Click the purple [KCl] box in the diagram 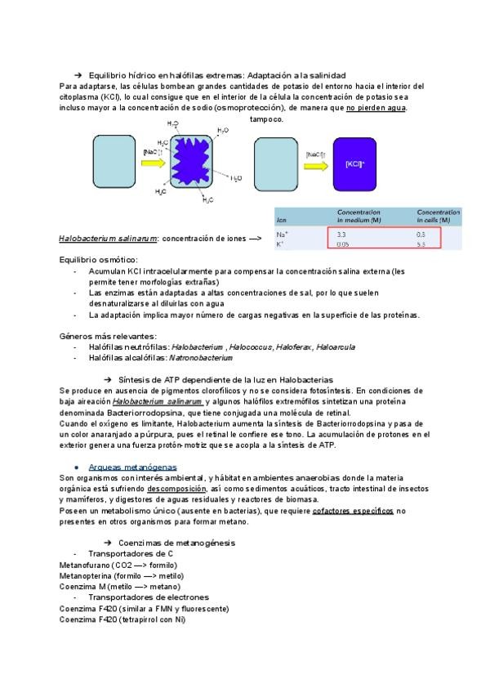(354, 163)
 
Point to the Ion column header (282, 220)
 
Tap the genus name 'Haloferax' (292, 346)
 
